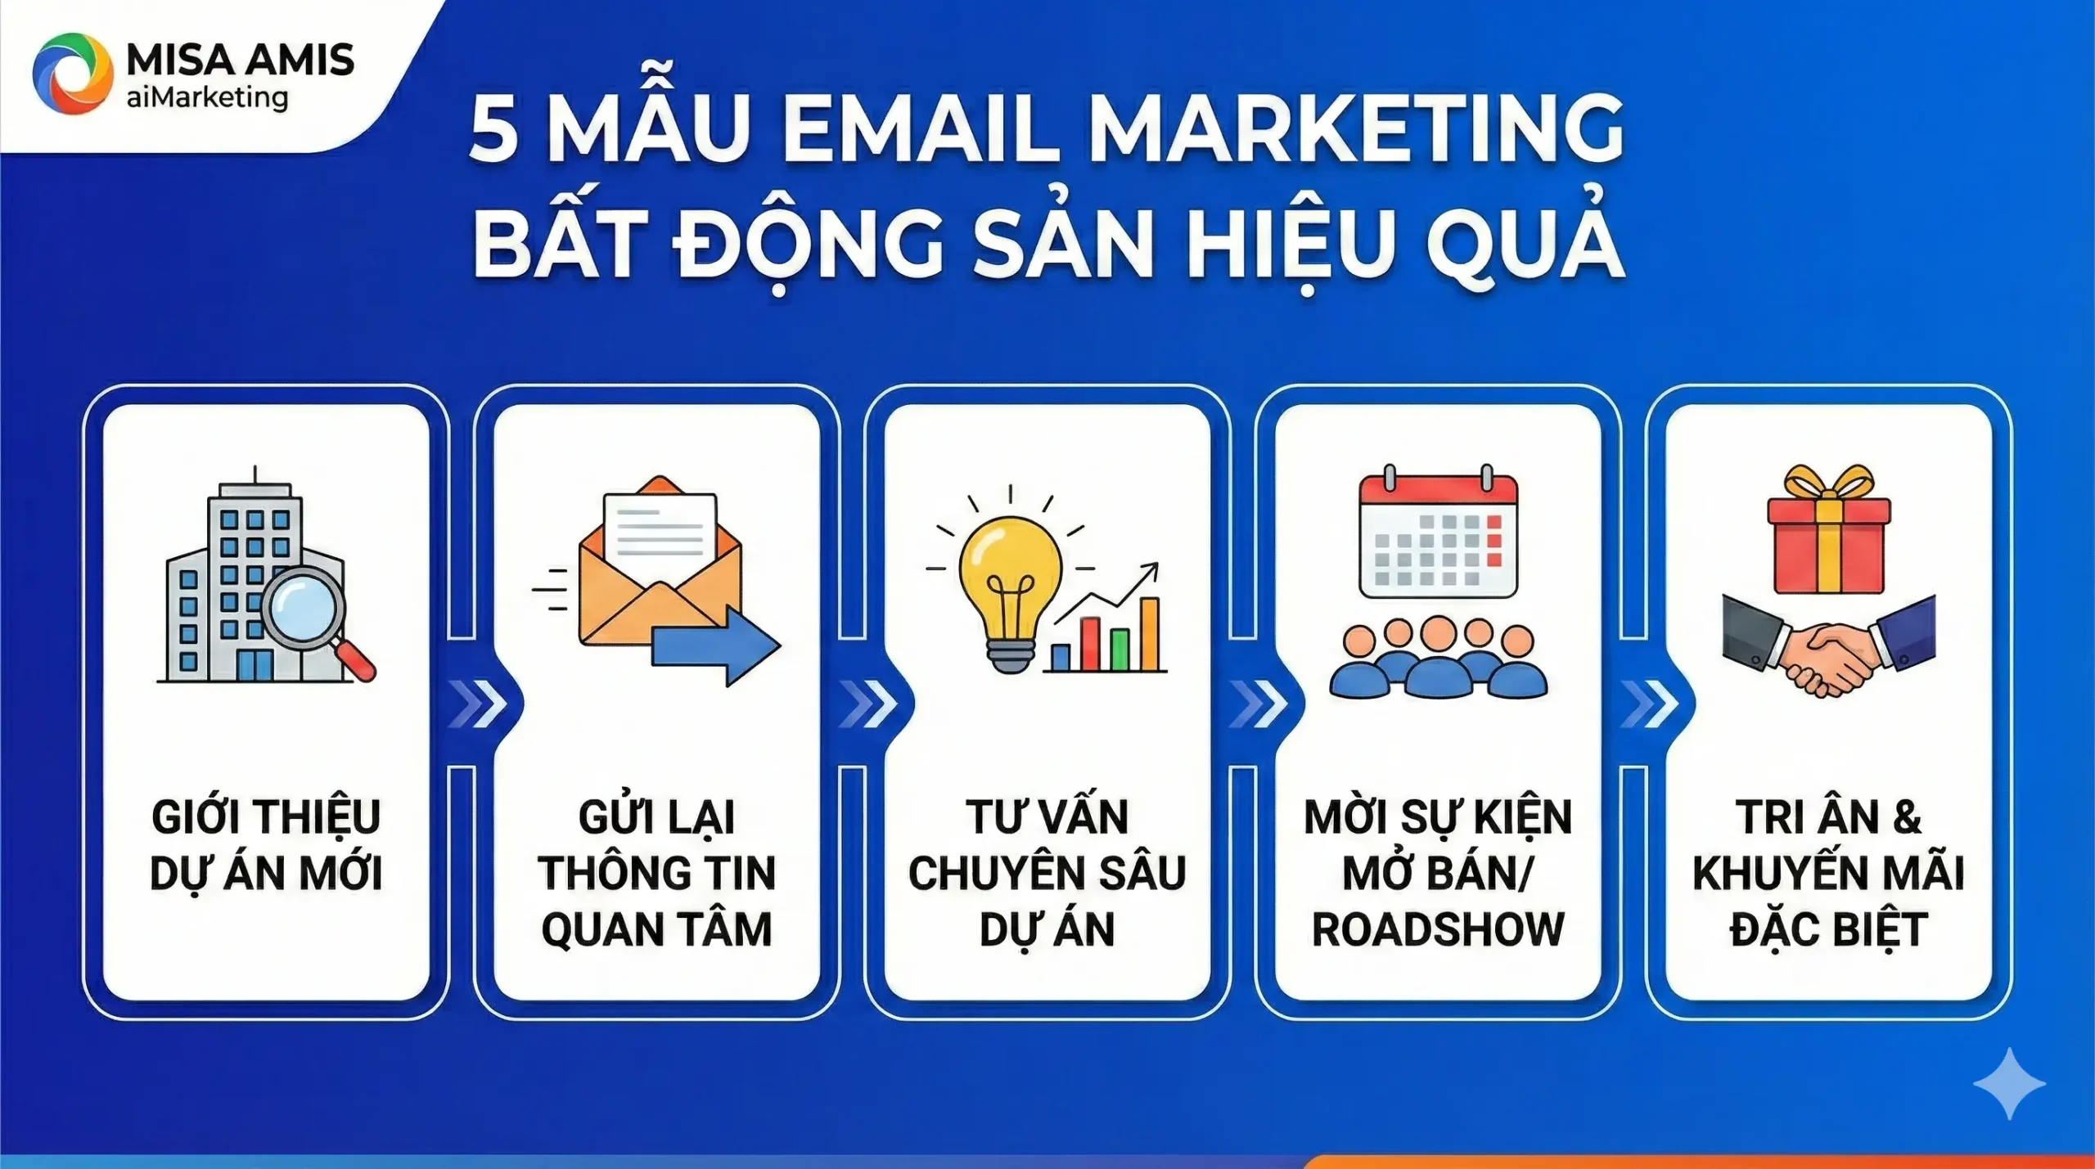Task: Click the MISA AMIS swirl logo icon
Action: pyautogui.click(x=72, y=74)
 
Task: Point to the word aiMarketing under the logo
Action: pyautogui.click(x=207, y=97)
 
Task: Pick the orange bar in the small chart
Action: pyautogui.click(x=1149, y=634)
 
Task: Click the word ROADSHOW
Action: pyautogui.click(x=1438, y=929)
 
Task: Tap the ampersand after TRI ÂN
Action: pyautogui.click(x=1907, y=817)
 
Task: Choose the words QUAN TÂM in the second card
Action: pyautogui.click(x=656, y=929)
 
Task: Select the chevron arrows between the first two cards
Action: pyautogui.click(x=477, y=704)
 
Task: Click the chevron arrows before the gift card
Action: pyautogui.click(x=1649, y=704)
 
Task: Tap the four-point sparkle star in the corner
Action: pyautogui.click(x=2009, y=1084)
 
